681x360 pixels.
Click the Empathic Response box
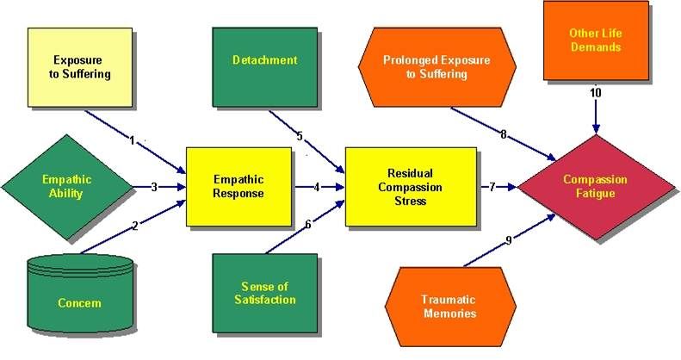pyautogui.click(x=239, y=186)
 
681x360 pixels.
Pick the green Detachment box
pyautogui.click(x=264, y=60)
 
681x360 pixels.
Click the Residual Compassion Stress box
pyautogui.click(x=411, y=186)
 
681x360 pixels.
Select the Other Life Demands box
pyautogui.click(x=595, y=40)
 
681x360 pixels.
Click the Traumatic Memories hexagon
pyautogui.click(x=449, y=307)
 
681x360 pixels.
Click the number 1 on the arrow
pyautogui.click(x=133, y=140)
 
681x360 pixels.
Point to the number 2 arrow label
pyautogui.click(x=135, y=227)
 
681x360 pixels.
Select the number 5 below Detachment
pyautogui.click(x=299, y=135)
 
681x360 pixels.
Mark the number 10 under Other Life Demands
pyautogui.click(x=595, y=93)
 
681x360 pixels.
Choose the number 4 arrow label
pyautogui.click(x=317, y=186)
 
